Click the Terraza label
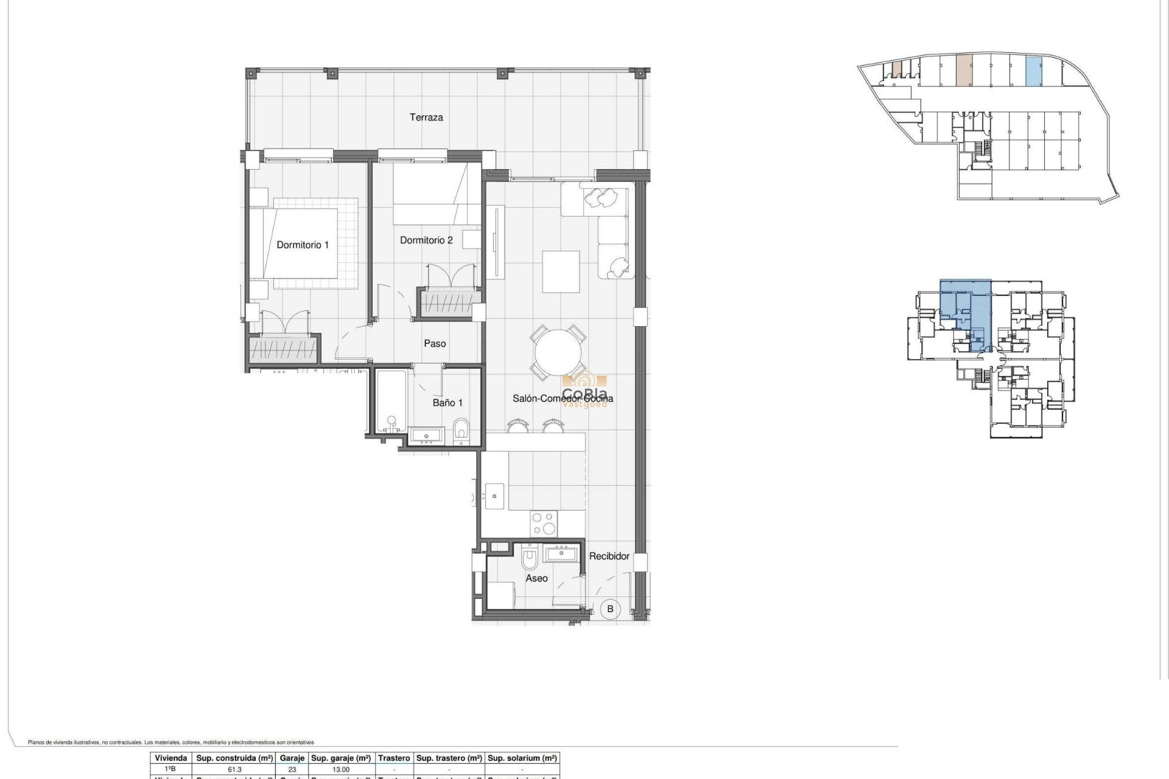(x=426, y=117)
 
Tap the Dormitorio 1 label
(x=302, y=245)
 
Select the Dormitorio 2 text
(x=426, y=240)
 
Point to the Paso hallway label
(x=435, y=344)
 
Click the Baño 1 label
(x=448, y=403)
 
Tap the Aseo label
(x=536, y=579)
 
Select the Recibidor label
(x=609, y=556)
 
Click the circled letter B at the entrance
(x=610, y=609)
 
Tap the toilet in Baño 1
(x=462, y=430)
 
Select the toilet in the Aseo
(x=530, y=557)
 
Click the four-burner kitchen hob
(x=544, y=523)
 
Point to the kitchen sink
(x=494, y=496)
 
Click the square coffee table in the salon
(x=561, y=271)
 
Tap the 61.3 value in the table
(x=234, y=769)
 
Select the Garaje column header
(x=292, y=758)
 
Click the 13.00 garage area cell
(x=340, y=769)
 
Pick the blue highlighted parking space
(x=1034, y=71)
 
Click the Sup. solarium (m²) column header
(x=522, y=758)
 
